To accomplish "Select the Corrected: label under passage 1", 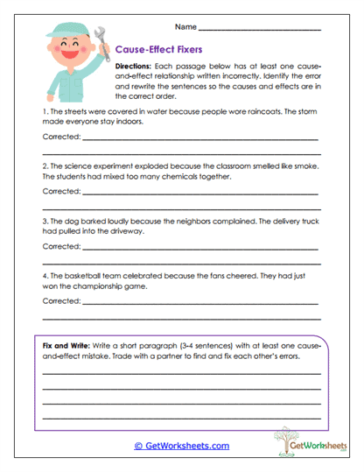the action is [x=61, y=137].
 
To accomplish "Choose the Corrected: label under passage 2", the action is [x=61, y=190].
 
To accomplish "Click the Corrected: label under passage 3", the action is [x=61, y=246].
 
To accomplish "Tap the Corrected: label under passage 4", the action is [x=61, y=300].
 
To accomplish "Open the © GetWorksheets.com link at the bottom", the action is [x=182, y=446].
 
